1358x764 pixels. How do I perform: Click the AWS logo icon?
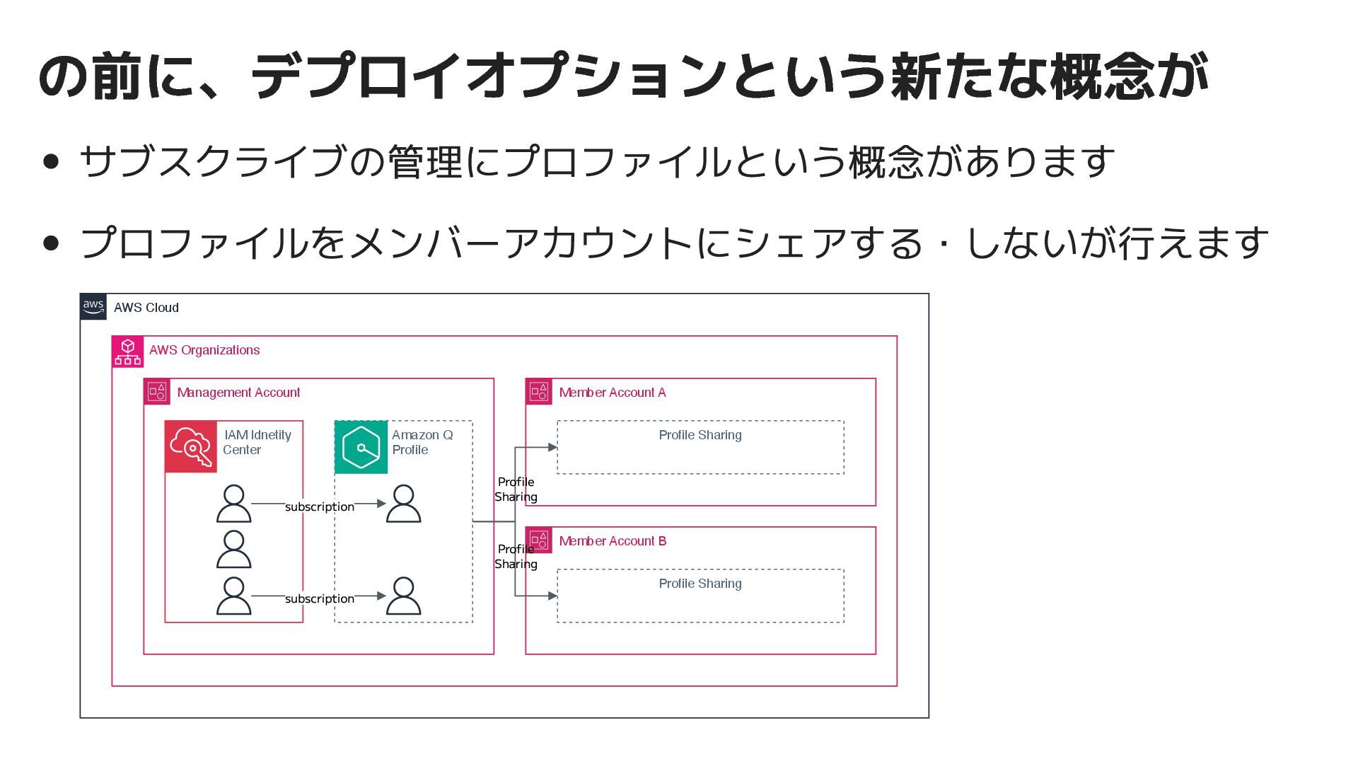click(93, 307)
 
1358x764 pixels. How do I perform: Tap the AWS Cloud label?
click(146, 308)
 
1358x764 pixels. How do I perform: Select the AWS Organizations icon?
click(128, 352)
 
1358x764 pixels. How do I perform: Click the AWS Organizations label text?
click(204, 350)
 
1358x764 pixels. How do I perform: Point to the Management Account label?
click(238, 393)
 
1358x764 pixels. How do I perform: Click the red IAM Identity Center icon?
click(191, 447)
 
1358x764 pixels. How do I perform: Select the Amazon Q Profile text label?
click(422, 442)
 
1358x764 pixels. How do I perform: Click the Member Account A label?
click(613, 393)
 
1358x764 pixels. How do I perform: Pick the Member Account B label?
click(613, 541)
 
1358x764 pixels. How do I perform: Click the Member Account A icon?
click(539, 392)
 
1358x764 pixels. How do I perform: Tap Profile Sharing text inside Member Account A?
click(700, 435)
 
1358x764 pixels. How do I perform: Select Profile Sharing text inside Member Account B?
click(700, 584)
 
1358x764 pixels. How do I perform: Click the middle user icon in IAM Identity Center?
click(233, 549)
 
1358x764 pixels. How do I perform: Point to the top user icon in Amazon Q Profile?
click(404, 504)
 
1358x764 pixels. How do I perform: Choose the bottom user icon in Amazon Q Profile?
click(404, 596)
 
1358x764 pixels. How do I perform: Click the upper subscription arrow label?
click(320, 507)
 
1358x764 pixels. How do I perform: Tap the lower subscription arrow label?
click(320, 598)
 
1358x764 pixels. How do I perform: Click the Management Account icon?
click(157, 392)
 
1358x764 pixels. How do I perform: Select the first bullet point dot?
click(51, 161)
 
